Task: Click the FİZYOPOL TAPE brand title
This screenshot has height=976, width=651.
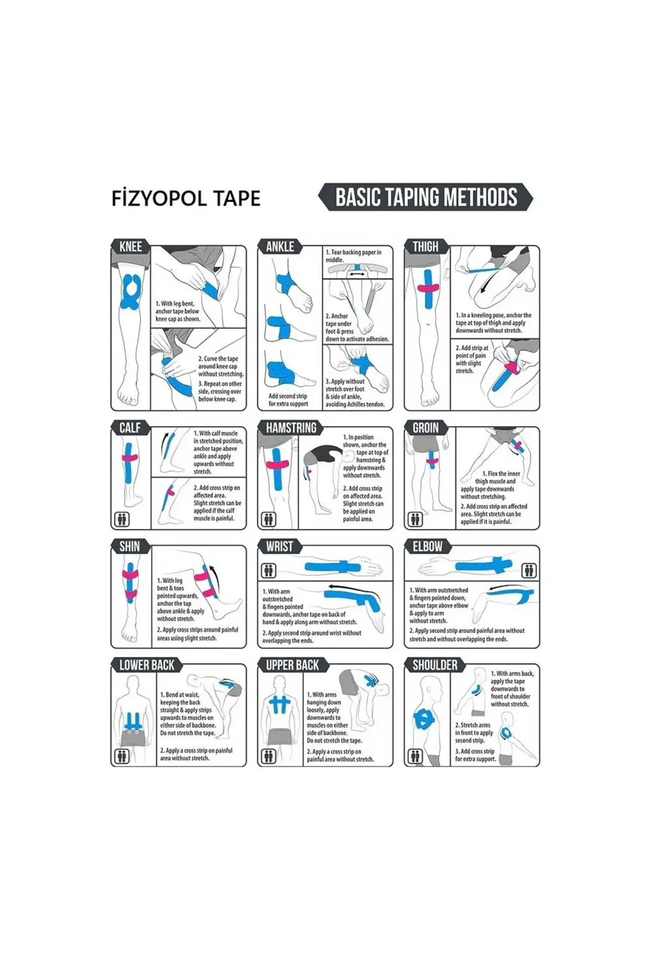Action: (186, 198)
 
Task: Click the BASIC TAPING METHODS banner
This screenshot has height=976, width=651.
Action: (426, 197)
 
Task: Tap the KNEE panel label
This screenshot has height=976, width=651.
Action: (130, 247)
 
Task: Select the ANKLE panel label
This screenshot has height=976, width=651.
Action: (280, 247)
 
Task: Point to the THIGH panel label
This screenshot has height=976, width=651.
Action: (426, 247)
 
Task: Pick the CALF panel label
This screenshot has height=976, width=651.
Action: (130, 427)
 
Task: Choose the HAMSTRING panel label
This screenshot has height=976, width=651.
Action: (291, 427)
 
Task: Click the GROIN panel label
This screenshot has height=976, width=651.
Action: (426, 427)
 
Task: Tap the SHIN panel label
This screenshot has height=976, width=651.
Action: (130, 546)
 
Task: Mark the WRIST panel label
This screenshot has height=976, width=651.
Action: (279, 546)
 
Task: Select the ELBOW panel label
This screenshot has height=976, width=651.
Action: (428, 546)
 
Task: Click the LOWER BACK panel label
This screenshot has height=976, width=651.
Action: (147, 665)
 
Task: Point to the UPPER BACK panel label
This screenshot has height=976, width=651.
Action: (292, 665)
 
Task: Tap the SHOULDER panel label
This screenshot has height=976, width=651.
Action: (435, 665)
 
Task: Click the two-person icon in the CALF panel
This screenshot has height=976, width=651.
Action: (122, 519)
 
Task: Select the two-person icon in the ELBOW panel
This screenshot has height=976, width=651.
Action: (529, 571)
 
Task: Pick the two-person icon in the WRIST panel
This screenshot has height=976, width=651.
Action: (268, 571)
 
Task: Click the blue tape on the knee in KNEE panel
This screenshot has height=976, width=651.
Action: (130, 293)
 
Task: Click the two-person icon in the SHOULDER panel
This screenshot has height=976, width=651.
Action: (415, 756)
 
